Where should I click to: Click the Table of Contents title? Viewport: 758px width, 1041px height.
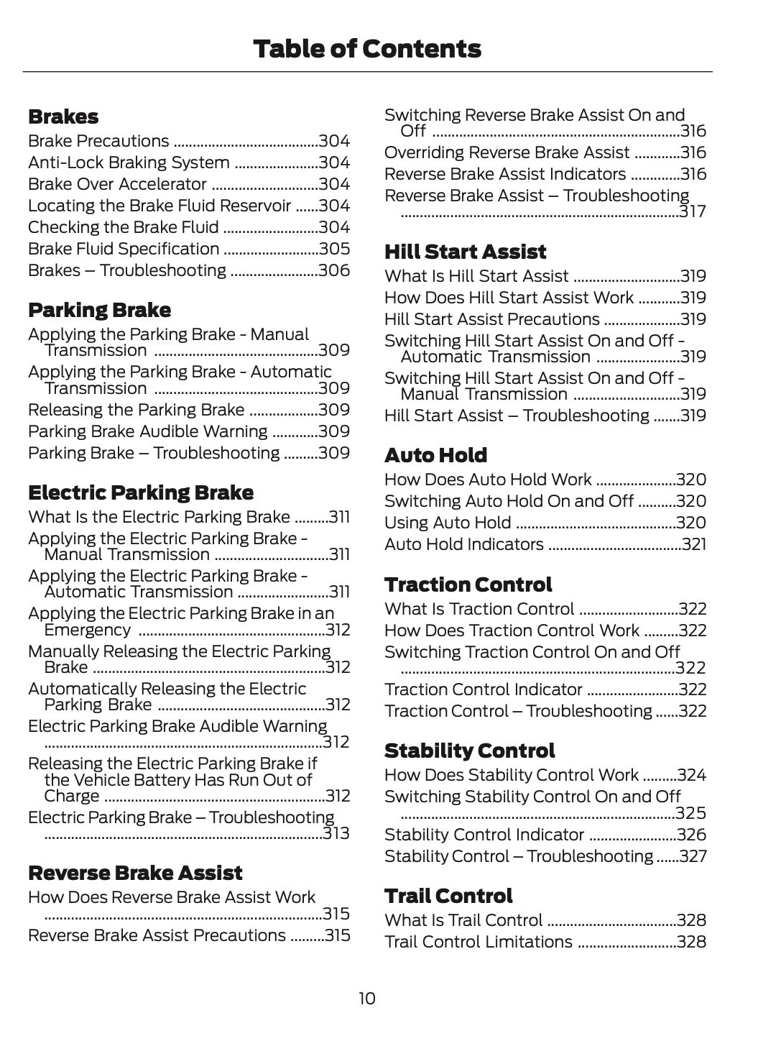coord(367,49)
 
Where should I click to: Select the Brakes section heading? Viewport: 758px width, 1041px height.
coord(63,116)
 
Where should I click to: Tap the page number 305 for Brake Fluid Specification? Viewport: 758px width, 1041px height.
coord(334,249)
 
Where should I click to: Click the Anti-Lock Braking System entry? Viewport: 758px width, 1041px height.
coord(129,162)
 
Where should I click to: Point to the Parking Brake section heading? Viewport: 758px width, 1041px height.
coord(99,310)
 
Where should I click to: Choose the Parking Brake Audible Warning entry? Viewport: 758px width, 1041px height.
coord(147,431)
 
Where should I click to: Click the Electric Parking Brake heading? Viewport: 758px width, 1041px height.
coord(141,492)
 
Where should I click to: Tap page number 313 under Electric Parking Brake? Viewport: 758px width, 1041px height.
coord(336,833)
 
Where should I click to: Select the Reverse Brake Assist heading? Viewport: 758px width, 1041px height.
coord(135,873)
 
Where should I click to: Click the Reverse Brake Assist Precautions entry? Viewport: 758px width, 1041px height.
coord(157,935)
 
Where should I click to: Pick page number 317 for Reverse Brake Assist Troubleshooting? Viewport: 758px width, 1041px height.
coord(693,211)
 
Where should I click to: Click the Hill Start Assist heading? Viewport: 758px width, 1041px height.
coord(465,252)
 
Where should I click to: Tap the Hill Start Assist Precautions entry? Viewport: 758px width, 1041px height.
coord(491,319)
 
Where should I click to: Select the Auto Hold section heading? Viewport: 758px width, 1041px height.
coord(435,455)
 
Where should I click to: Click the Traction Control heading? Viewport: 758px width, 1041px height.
coord(468,584)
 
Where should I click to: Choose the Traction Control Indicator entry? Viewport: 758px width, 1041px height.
coord(483,689)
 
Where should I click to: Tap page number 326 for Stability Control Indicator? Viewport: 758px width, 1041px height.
coord(692,835)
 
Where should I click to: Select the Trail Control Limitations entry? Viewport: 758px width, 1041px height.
coord(478,942)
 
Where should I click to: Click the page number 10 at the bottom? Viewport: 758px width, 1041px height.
coord(366,999)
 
